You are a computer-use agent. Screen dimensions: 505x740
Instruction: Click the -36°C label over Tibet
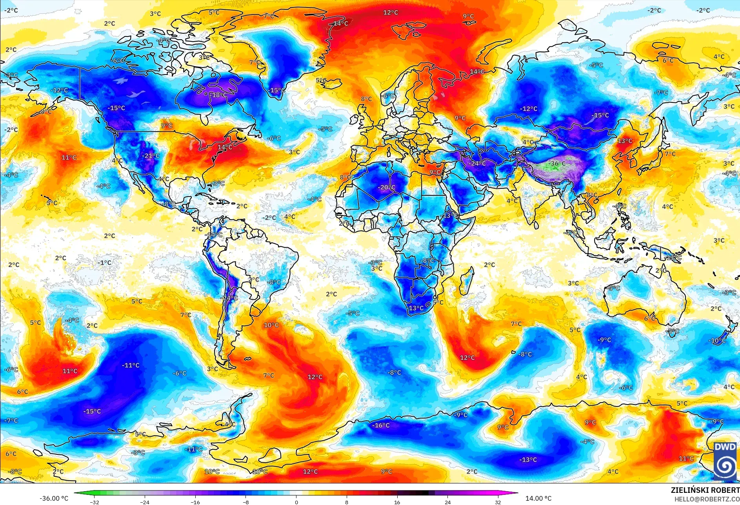pos(557,164)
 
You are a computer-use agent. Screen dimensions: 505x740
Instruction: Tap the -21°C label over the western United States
pos(151,155)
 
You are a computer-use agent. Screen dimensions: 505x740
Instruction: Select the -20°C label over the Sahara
pos(386,187)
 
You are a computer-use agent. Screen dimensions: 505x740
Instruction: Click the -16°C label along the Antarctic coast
pos(381,425)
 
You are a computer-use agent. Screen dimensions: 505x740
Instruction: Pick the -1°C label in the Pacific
pos(105,263)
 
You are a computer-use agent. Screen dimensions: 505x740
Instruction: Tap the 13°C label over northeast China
pos(625,141)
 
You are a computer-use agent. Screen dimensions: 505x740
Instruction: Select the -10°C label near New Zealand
pos(718,341)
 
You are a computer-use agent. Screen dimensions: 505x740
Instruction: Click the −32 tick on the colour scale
pos(94,502)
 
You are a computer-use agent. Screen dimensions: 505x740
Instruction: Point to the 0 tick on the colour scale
pos(296,502)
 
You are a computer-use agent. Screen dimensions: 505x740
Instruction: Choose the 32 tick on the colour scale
pos(498,502)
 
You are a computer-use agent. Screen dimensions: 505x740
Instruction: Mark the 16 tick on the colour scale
pos(397,502)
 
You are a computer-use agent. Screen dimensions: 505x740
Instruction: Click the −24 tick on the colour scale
pos(145,502)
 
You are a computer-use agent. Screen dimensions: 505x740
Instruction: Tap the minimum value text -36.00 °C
pos(54,498)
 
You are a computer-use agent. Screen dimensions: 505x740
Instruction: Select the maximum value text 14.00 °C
pos(538,498)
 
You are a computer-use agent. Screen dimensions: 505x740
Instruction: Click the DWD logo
pos(725,460)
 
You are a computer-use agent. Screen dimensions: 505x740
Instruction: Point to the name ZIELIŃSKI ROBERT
pos(705,490)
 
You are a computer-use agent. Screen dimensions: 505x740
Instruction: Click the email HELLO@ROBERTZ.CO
pos(707,499)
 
